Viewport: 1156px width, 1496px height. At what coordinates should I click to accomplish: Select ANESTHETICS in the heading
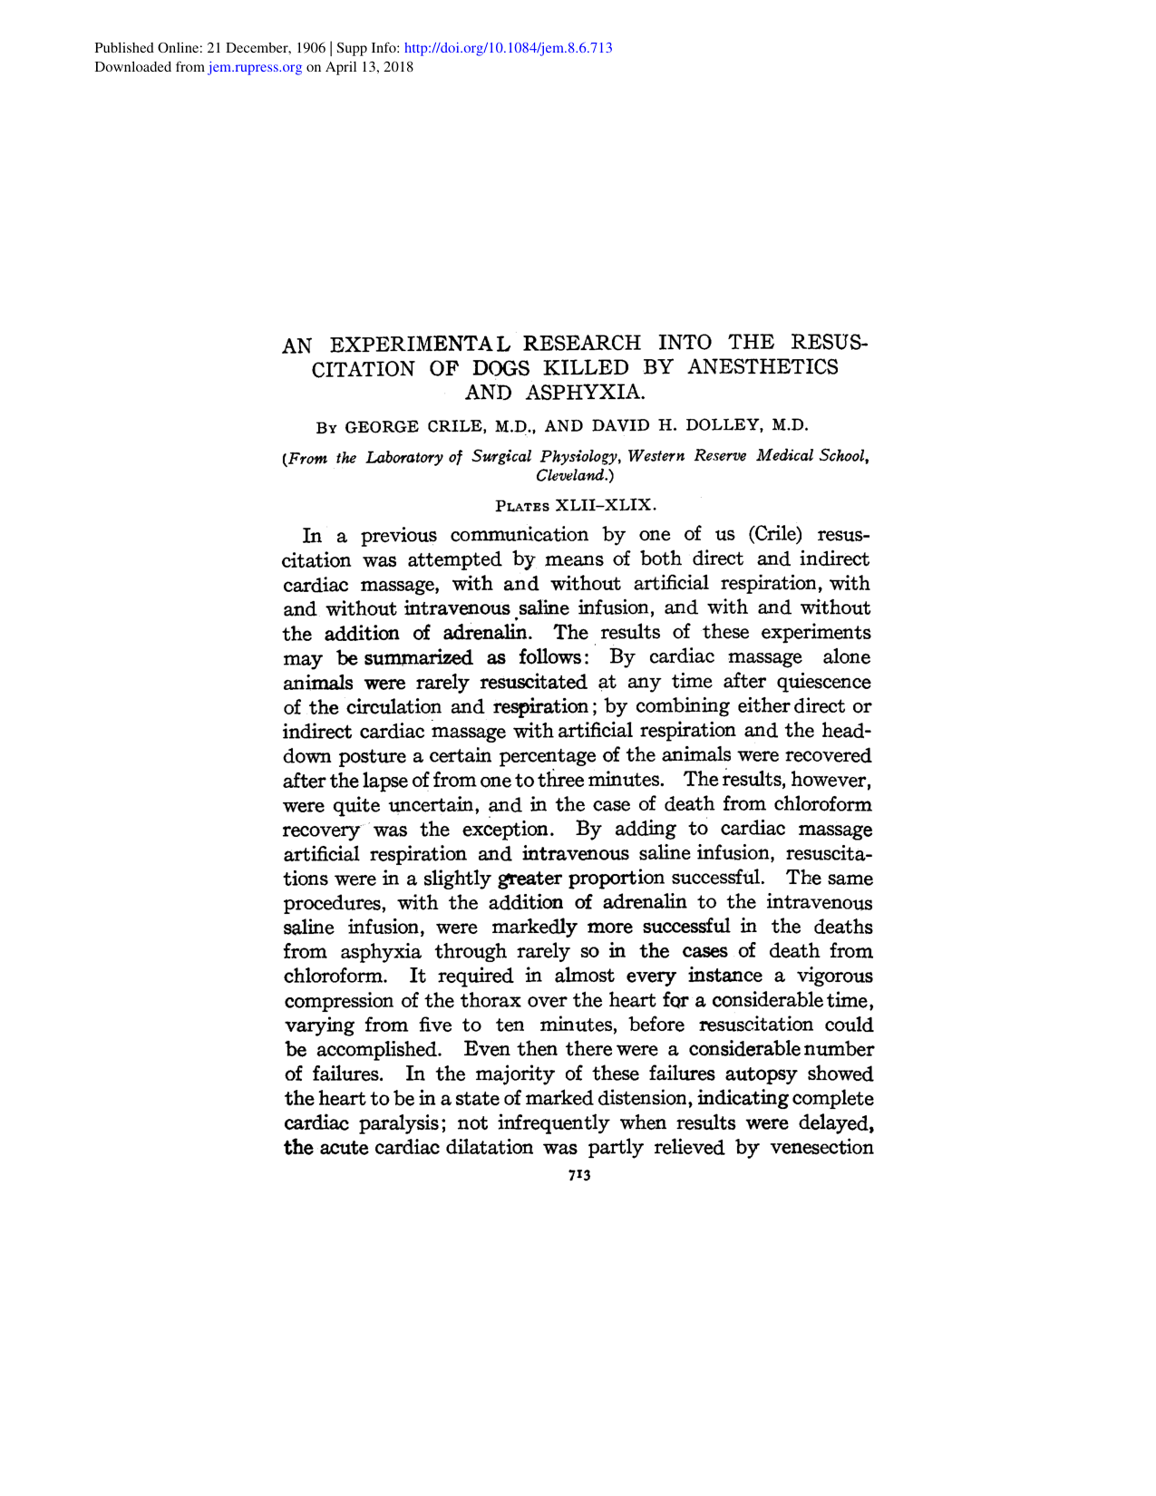coord(763,367)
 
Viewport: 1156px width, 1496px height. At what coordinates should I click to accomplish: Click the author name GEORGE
coord(383,426)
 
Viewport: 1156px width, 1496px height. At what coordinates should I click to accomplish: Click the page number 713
coord(578,1175)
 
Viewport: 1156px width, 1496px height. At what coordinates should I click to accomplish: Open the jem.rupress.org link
coord(255,67)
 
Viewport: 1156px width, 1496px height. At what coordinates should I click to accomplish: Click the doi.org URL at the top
coord(510,47)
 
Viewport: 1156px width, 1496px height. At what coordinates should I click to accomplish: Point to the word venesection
coord(821,1148)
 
